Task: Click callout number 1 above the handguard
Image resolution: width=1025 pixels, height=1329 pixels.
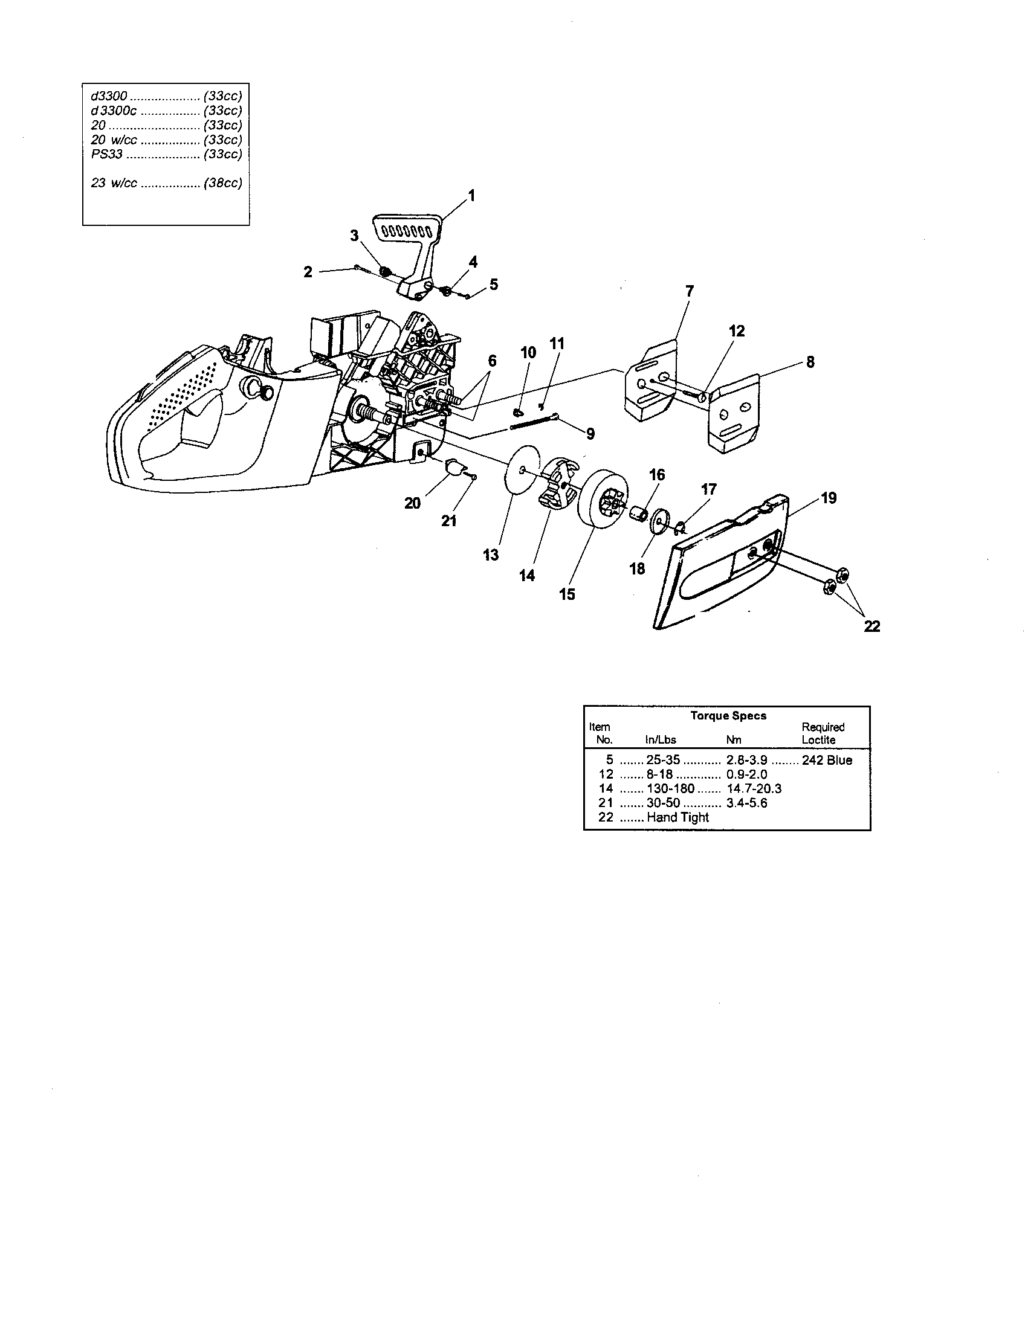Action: [471, 195]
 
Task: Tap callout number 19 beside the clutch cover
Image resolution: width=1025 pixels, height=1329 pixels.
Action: [829, 498]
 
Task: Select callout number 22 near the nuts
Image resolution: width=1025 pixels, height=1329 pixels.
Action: [871, 626]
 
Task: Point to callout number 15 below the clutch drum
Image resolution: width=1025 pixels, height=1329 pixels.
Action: [567, 594]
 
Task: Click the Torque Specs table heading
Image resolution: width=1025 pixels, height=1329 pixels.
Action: [728, 716]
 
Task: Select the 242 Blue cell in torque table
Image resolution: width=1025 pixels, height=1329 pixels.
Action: [827, 760]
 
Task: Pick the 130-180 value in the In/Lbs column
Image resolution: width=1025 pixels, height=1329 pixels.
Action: [670, 788]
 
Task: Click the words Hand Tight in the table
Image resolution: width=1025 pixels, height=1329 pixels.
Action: [677, 817]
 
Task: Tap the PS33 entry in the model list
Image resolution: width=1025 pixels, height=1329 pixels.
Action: [106, 154]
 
